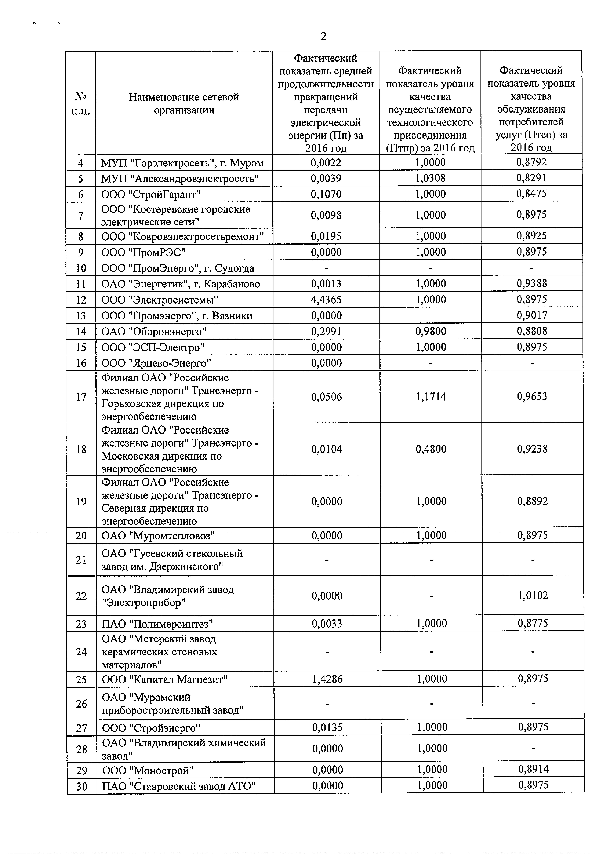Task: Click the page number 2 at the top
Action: point(324,37)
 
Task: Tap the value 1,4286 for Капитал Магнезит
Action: point(327,679)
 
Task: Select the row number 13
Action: point(81,316)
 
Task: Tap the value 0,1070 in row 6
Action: point(326,194)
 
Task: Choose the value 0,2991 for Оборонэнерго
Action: point(326,331)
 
